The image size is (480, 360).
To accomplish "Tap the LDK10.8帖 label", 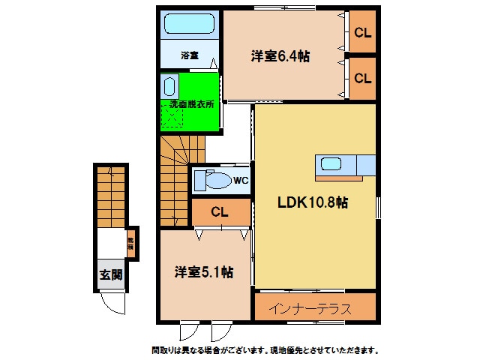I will [313, 202].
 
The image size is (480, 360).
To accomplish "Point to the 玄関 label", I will [110, 274].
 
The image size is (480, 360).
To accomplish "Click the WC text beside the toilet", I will [240, 180].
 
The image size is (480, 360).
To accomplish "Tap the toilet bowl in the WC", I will [217, 181].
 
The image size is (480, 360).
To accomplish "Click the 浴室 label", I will [189, 55].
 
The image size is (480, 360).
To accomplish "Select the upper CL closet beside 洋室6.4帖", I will [363, 32].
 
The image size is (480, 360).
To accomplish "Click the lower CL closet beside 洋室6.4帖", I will [363, 77].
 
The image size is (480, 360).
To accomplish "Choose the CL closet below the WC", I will [220, 212].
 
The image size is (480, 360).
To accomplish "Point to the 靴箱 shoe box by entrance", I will [130, 242].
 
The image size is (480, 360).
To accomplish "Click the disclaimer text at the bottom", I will [264, 350].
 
